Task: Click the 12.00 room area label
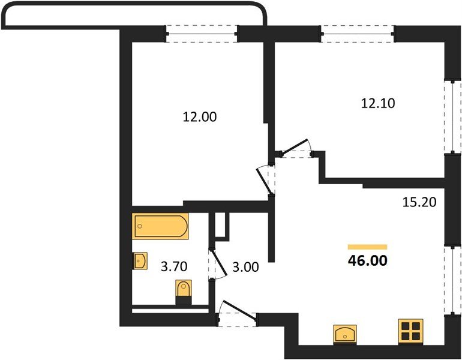200,117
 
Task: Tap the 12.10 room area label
378,103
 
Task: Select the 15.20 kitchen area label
419,202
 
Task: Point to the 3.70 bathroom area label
174,266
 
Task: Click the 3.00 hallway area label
245,267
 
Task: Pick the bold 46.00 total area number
368,260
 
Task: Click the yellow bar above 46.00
367,247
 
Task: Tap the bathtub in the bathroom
160,226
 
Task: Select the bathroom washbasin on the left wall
140,261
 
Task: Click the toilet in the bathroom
184,292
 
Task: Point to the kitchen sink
345,334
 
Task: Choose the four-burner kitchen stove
411,331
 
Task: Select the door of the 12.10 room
296,147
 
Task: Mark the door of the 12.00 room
264,180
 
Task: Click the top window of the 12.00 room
202,34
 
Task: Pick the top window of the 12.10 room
358,34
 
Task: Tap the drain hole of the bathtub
140,226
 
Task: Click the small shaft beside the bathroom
222,224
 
